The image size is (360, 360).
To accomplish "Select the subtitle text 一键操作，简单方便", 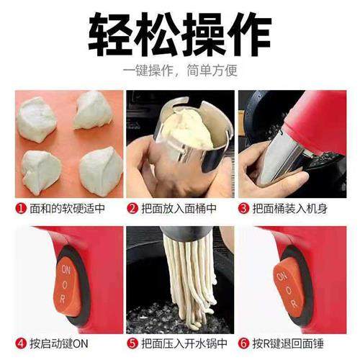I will click(179, 71).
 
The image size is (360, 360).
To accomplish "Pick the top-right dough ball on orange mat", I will click(92, 109).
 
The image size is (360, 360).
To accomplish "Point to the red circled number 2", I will click(132, 209).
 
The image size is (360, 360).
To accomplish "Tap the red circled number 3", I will click(244, 209).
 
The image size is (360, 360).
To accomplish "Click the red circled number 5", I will click(132, 344).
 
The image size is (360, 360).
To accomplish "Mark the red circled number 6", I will click(244, 344).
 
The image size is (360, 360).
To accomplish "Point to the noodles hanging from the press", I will click(184, 281).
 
